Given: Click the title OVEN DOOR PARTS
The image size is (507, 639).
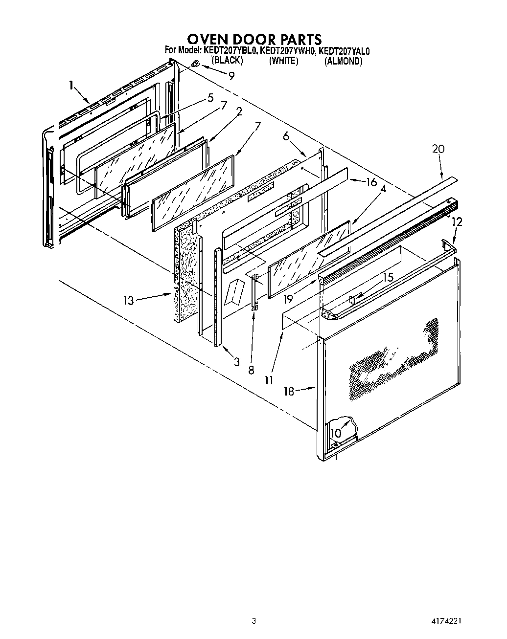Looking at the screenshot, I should pos(254,39).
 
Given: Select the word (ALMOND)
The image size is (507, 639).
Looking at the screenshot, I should pos(343,61).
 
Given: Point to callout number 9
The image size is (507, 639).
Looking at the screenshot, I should pos(231,75).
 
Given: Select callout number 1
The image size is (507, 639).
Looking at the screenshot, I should pos(71,86).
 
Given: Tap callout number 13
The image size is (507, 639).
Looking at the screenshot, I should pos(128,301).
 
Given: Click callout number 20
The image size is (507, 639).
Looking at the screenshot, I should pos(438,149).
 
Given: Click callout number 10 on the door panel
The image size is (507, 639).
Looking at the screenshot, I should pos(336,433).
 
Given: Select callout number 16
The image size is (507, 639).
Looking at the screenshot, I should pos(371,182).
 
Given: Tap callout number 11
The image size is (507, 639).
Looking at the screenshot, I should pos(269,379).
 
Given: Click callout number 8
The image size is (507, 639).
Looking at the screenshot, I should pos(251,371).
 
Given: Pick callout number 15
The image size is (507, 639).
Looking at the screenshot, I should pos(388,277).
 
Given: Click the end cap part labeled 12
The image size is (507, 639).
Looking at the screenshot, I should pos(448,243).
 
